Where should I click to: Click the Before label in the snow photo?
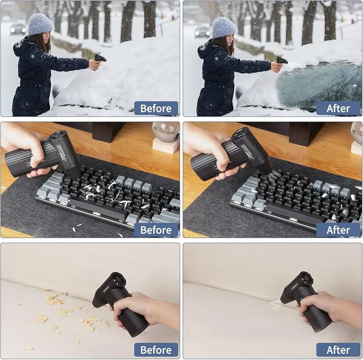click(156, 108)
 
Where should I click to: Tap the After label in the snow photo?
click(338, 108)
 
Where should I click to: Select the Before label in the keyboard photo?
click(156, 230)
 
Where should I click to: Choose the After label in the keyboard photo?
click(338, 230)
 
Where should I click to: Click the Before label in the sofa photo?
click(156, 350)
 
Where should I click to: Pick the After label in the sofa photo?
click(338, 350)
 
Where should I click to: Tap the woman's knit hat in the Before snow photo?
click(40, 24)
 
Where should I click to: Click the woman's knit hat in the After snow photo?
click(224, 27)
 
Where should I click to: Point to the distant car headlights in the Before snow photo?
click(18, 30)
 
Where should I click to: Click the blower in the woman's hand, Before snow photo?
click(99, 58)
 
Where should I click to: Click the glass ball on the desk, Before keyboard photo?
click(166, 131)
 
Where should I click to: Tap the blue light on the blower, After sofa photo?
click(301, 299)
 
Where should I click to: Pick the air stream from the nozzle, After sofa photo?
click(275, 305)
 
